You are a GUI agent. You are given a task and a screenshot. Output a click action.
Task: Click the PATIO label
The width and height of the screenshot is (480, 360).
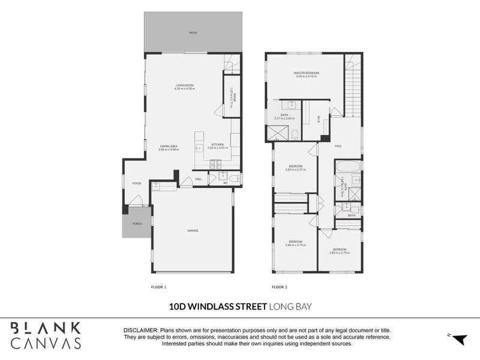pos(193,33)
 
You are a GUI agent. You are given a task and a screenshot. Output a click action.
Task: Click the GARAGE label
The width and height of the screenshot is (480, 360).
pos(192,231)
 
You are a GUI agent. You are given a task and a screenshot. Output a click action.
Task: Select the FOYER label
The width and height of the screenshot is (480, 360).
pos(136,184)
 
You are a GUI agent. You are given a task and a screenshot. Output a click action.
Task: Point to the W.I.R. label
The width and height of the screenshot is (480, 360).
pos(319,118)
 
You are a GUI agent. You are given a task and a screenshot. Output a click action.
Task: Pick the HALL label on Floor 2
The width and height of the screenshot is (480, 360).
pos(338,146)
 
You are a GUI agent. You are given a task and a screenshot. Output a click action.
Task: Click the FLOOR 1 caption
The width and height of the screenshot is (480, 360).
pos(158,288)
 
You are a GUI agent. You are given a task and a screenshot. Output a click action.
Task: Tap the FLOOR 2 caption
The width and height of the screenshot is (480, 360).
pos(280,288)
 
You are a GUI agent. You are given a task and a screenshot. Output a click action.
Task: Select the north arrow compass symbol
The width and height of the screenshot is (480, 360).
pos(459,340)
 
